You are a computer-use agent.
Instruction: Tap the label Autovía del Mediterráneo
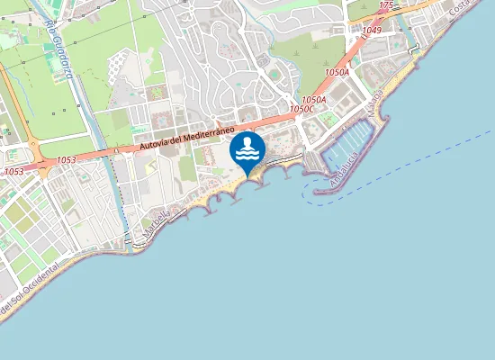click(183, 140)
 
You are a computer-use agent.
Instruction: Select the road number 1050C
click(302, 109)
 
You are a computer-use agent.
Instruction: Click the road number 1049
click(372, 31)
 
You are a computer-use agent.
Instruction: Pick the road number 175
click(386, 5)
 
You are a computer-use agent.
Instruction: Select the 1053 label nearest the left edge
click(13, 171)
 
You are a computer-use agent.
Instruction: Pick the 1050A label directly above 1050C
click(313, 99)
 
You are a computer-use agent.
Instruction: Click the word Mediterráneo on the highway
click(203, 135)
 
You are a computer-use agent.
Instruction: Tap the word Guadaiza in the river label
click(64, 59)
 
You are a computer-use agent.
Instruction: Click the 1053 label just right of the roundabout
click(66, 160)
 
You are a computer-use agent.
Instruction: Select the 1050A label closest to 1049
click(336, 72)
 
